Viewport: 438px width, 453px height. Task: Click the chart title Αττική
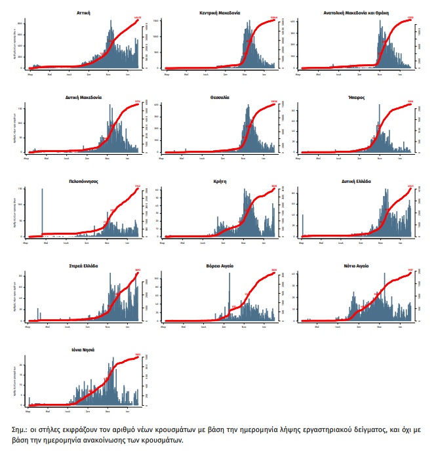(83, 12)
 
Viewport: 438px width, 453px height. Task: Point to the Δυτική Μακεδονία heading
(83, 97)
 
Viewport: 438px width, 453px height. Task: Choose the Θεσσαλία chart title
(220, 97)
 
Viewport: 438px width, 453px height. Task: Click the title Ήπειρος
(357, 97)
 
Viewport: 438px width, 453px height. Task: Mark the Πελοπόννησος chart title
(83, 182)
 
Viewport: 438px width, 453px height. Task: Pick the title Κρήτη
(220, 182)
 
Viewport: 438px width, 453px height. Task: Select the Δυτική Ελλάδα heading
(357, 182)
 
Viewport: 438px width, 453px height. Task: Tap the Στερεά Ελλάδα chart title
(83, 266)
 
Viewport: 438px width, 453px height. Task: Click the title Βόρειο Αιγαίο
(220, 266)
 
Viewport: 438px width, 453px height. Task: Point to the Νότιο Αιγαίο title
(357, 266)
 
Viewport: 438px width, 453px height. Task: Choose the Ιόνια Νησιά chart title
(83, 350)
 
